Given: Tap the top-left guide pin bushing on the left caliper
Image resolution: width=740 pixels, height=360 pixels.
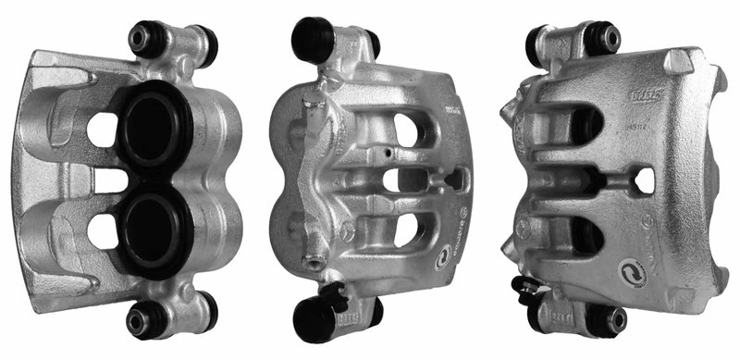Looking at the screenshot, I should coord(144,39).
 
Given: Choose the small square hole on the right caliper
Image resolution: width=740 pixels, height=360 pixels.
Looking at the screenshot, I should coord(645,180).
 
